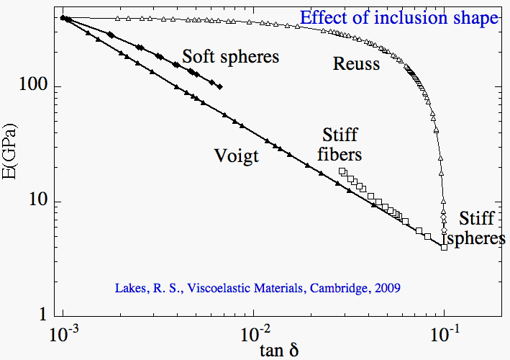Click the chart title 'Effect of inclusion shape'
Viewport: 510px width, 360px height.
(x=399, y=17)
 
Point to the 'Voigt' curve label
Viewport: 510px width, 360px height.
(x=236, y=156)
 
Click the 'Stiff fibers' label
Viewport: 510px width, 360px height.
(x=340, y=144)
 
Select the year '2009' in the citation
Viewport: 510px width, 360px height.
(x=386, y=288)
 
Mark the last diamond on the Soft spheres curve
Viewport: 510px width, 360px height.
(x=219, y=86)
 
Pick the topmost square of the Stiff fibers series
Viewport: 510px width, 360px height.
(x=342, y=171)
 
